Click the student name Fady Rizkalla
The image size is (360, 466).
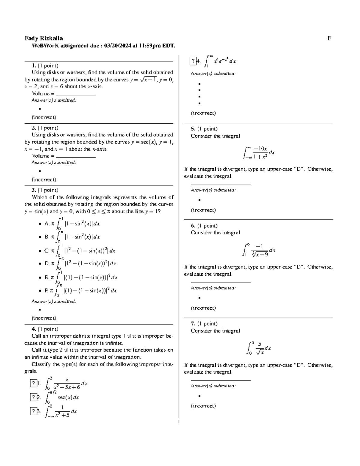(43, 38)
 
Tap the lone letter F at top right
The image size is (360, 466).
(329, 38)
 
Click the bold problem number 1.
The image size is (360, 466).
(34, 65)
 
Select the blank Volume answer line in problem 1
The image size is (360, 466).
(76, 94)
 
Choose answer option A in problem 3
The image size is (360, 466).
(46, 224)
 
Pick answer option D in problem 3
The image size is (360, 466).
(46, 263)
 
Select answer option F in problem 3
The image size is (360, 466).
(46, 290)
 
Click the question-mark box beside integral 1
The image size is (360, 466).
(34, 383)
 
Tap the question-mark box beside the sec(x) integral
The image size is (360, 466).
(34, 397)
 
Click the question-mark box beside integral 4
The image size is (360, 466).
(193, 61)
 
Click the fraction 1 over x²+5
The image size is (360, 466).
(62, 411)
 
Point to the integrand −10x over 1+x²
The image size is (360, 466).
(260, 152)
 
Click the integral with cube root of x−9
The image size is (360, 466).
(259, 250)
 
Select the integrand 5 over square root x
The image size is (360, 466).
(260, 348)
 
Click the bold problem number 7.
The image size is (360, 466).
(193, 323)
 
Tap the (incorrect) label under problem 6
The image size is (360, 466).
(203, 308)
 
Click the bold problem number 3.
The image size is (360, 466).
(34, 190)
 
